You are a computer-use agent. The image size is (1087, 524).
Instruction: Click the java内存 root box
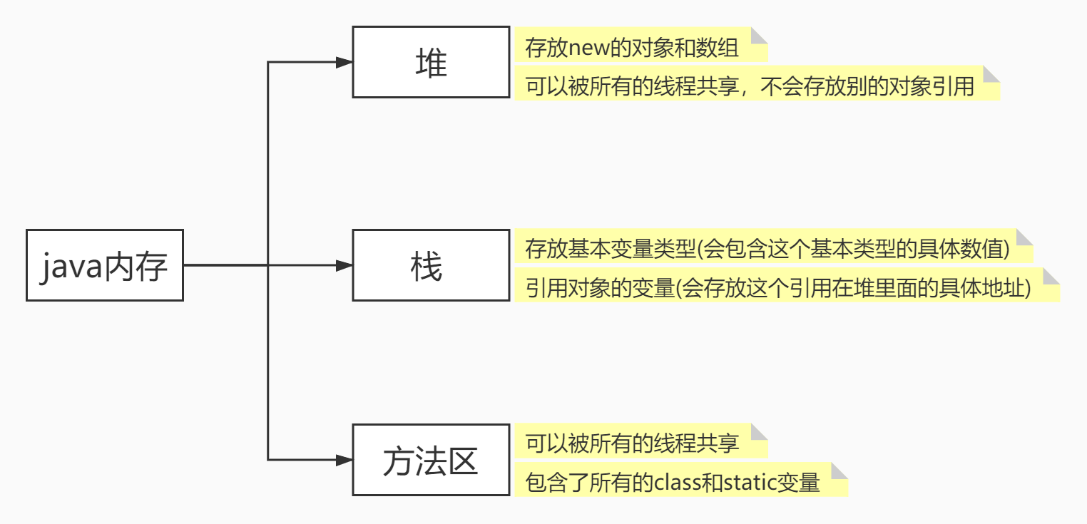[104, 265]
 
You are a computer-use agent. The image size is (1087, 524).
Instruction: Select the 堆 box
[431, 63]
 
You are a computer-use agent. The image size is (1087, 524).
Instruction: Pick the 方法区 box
[431, 461]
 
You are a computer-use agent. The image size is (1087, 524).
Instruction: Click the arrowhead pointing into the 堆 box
[345, 63]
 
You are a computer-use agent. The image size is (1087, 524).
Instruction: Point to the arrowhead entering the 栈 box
[345, 265]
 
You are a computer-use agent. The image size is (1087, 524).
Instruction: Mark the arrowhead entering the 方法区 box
[345, 461]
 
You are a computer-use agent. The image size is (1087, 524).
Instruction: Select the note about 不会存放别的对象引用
[756, 87]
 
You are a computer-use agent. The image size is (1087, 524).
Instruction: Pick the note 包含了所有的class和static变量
[680, 483]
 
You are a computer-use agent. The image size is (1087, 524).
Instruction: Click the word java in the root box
[71, 267]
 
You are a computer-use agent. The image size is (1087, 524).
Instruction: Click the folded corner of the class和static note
[840, 471]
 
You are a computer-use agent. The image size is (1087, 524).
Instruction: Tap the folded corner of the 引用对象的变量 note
[1052, 276]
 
